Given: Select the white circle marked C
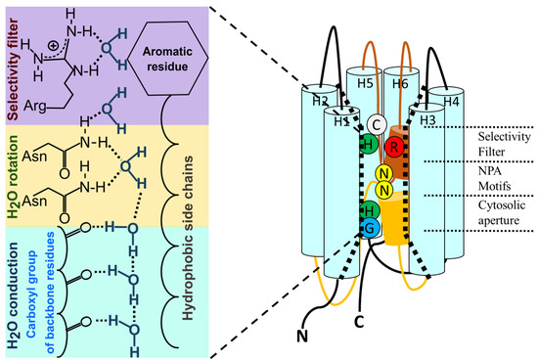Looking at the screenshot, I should click(x=375, y=125).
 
